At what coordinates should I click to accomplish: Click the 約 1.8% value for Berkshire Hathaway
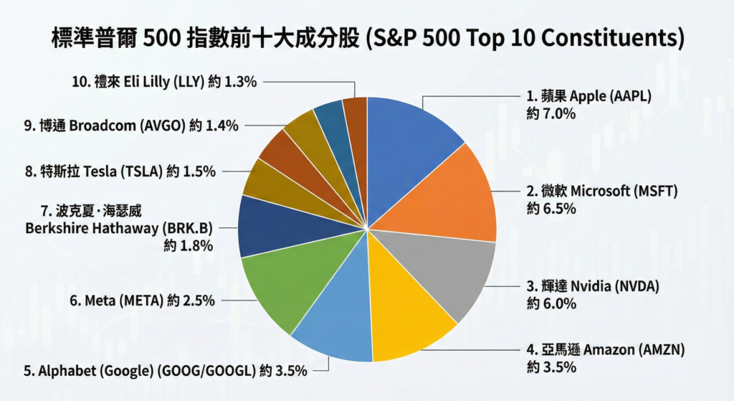click(x=189, y=246)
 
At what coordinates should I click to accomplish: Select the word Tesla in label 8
click(x=101, y=171)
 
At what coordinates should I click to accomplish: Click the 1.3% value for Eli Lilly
click(x=240, y=82)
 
